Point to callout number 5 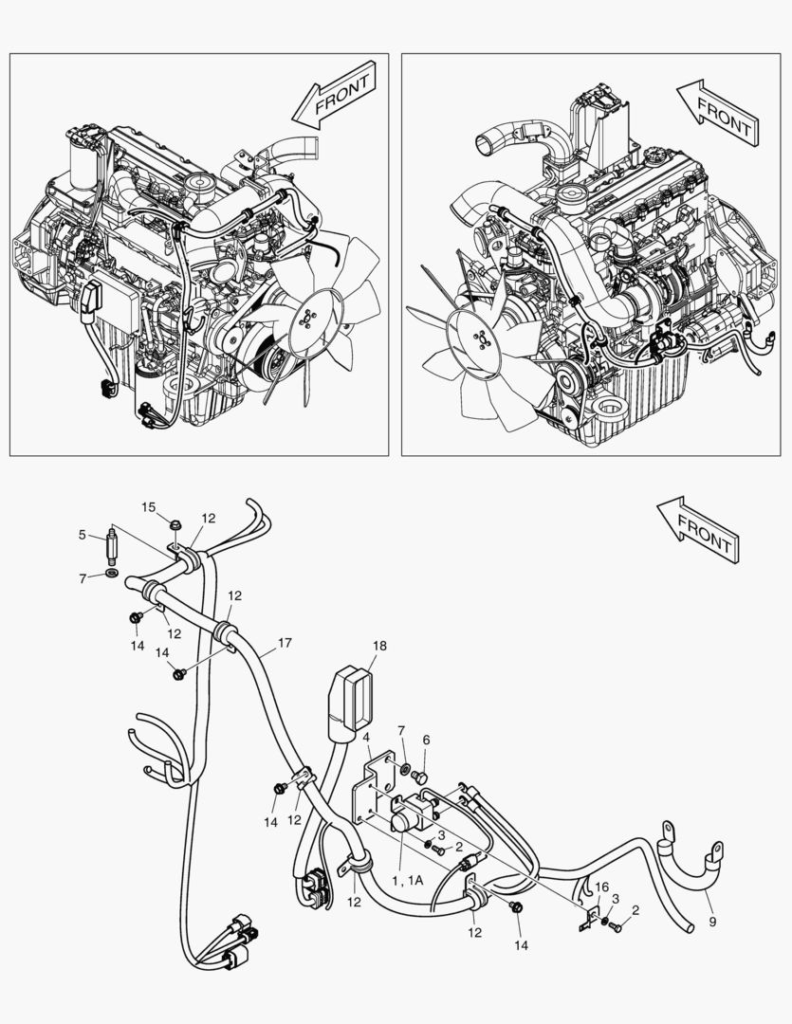(x=82, y=535)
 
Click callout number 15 (x=149, y=507)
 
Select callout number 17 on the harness (x=285, y=644)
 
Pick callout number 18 (x=379, y=646)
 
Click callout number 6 (x=427, y=740)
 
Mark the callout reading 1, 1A (x=407, y=880)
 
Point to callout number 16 (x=600, y=886)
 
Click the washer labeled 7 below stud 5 (x=113, y=575)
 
